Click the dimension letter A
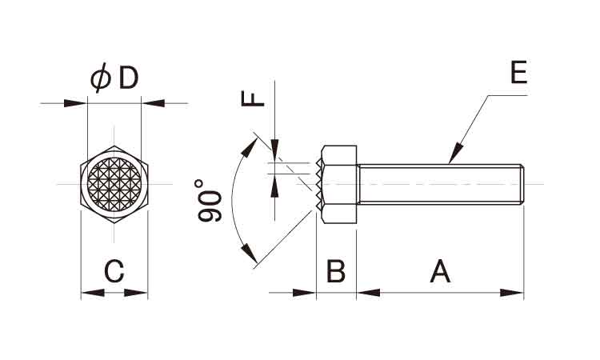coord(440,271)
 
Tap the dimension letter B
coord(336,271)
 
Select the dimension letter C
coord(114,271)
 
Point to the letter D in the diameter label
coord(128,78)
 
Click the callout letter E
coord(519,72)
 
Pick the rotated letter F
coord(253,98)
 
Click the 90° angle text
coord(209,201)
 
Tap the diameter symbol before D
coord(101,78)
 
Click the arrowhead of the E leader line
coord(455,154)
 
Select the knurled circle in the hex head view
coord(114,184)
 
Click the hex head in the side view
coord(339,184)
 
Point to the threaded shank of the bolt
coord(440,184)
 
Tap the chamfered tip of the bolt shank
coord(522,184)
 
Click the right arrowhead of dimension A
coord(512,293)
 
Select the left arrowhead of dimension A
coord(369,293)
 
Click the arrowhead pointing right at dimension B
coord(305,293)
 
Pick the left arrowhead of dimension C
coord(93,293)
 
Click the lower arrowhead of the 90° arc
coord(250,253)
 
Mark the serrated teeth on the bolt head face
coord(319,184)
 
